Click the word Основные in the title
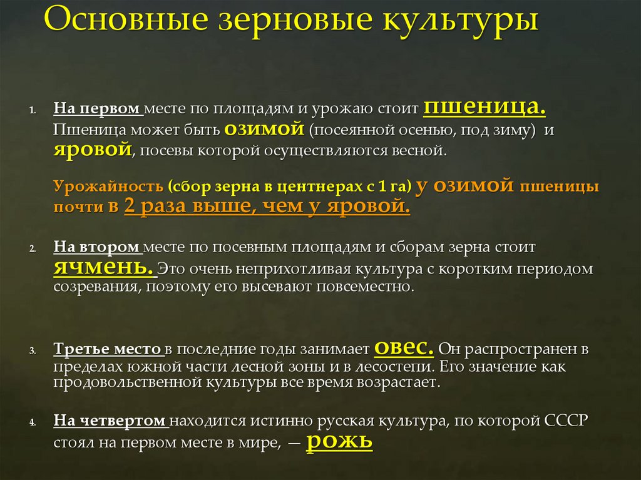click(x=111, y=21)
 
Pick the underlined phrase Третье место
click(x=107, y=349)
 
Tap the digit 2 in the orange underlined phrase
click(x=130, y=207)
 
